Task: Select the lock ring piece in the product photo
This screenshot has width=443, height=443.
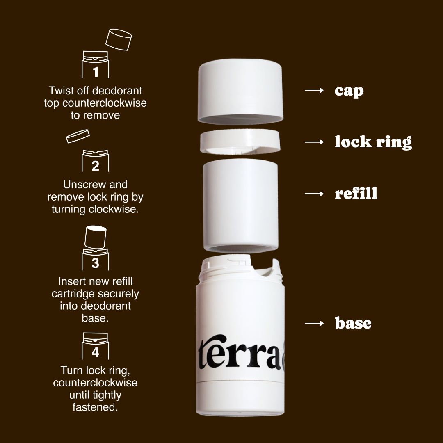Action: [240, 141]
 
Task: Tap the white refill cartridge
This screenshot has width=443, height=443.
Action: [240, 205]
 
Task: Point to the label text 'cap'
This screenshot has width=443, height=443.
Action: [349, 91]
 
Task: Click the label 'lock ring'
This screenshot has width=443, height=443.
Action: [373, 142]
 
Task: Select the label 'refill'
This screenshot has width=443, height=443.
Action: [356, 193]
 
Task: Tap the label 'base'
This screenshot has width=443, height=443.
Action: [353, 323]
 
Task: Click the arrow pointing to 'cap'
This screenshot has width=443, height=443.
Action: [315, 90]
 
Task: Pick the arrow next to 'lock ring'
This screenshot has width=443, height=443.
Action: [315, 142]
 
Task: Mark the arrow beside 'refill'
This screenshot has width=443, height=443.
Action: [315, 194]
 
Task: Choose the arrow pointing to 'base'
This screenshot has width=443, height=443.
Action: [315, 324]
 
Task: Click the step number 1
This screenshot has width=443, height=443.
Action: [96, 72]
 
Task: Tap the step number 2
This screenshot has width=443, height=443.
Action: [96, 166]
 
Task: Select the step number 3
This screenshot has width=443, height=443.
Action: [96, 263]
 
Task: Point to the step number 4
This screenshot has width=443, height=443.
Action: [96, 352]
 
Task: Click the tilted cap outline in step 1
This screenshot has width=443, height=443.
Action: [119, 39]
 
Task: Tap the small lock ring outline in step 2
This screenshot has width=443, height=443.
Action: [78, 136]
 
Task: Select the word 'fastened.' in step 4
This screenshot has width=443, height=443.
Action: [95, 407]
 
